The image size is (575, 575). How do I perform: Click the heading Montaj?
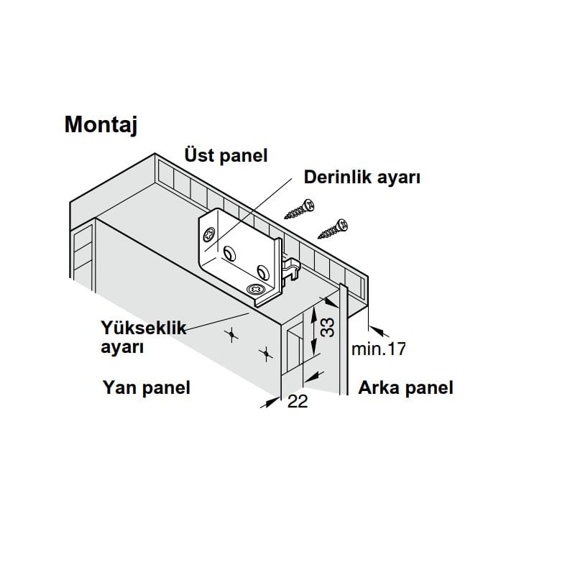101,125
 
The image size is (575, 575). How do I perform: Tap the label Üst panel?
226,155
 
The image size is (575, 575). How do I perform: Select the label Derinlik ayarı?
362,177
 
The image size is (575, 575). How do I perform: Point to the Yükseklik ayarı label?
143,337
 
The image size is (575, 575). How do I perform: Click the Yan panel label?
147,387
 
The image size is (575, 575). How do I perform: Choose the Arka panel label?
405,387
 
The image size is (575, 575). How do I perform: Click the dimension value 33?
328,327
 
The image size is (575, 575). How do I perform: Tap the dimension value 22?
298,402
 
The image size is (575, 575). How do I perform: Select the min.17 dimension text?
379,349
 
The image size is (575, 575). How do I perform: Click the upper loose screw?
300,208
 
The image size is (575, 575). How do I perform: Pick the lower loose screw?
333,229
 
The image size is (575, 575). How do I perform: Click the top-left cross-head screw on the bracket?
210,234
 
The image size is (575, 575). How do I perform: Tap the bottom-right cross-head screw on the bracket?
256,290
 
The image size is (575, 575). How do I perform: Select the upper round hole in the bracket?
230,253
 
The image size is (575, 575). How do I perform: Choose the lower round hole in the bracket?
263,272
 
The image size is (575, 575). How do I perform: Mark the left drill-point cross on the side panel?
231,334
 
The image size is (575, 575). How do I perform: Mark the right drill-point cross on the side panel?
266,354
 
